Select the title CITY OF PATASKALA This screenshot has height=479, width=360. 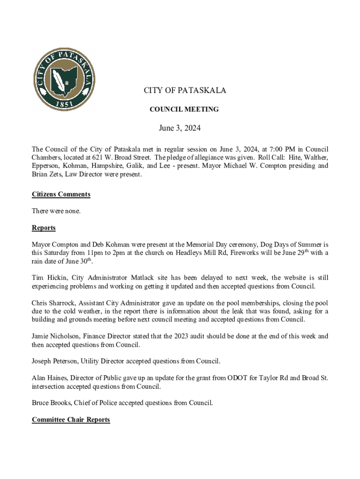[184, 91]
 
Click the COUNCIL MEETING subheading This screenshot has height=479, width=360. [184, 109]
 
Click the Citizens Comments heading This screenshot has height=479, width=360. [61, 195]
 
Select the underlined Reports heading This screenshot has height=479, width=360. [43, 228]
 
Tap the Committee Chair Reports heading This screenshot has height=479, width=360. [71, 420]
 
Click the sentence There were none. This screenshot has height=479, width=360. [56, 211]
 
